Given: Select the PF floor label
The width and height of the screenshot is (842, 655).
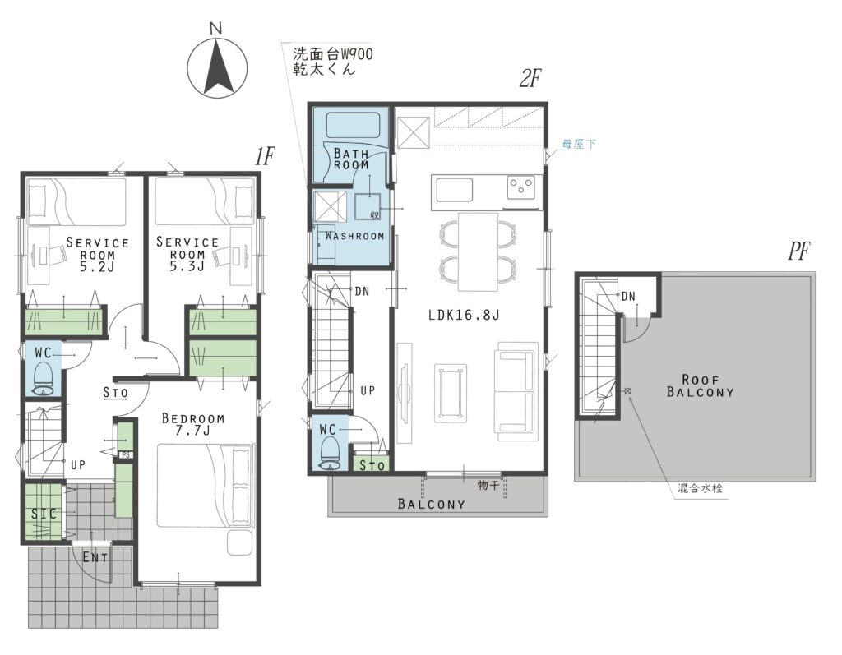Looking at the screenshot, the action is (x=798, y=251).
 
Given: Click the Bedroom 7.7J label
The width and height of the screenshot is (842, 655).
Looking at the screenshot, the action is (x=193, y=424).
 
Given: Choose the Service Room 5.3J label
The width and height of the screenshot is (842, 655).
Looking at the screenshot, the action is (x=187, y=254).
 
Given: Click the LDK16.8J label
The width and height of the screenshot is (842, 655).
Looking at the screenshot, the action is (x=464, y=315).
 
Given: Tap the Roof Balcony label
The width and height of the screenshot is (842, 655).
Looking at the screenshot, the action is (x=701, y=386).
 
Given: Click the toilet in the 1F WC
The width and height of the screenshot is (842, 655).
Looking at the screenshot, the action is (x=43, y=379).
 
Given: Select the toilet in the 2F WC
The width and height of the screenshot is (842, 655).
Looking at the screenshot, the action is (x=328, y=454).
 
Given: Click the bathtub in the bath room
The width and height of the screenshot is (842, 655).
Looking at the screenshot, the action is (x=353, y=126).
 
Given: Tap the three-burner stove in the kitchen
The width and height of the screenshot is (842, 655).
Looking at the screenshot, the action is (x=521, y=187).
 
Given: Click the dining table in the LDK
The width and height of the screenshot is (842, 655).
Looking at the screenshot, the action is (x=478, y=251).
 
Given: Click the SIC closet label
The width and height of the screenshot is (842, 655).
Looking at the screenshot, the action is (x=44, y=514).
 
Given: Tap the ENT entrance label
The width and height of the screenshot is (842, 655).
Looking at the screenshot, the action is (x=95, y=558).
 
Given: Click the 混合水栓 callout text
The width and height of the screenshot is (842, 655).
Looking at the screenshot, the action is (x=700, y=488).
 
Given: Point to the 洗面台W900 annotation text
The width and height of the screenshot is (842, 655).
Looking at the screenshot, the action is (x=332, y=53).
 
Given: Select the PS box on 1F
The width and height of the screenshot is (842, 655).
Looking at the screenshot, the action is (x=126, y=455).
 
